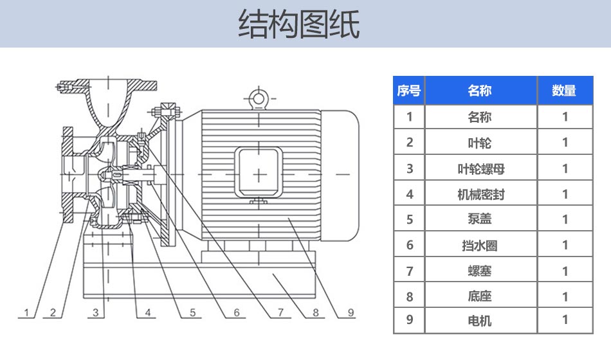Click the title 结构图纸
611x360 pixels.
coord(298,24)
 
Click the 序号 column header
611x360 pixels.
coord(408,91)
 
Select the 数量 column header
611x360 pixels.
coord(564,91)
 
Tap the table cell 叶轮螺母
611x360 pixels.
coord(480,168)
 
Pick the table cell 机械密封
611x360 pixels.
coord(480,194)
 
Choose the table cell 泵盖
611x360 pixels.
coord(480,219)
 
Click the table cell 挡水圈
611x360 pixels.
coord(480,245)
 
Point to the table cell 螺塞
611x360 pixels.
coord(480,271)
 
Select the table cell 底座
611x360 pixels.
coord(480,296)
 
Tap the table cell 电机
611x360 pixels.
coord(480,320)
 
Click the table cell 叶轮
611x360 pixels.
coord(480,143)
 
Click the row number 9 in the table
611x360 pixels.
coord(409,320)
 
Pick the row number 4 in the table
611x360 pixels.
coord(409,194)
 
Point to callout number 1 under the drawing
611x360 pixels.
coord(27,313)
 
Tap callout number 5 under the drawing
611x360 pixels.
coord(192,313)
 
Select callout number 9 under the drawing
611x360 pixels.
coord(351,313)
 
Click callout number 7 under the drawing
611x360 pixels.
coord(280,313)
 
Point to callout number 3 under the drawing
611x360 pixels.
coord(96,313)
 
